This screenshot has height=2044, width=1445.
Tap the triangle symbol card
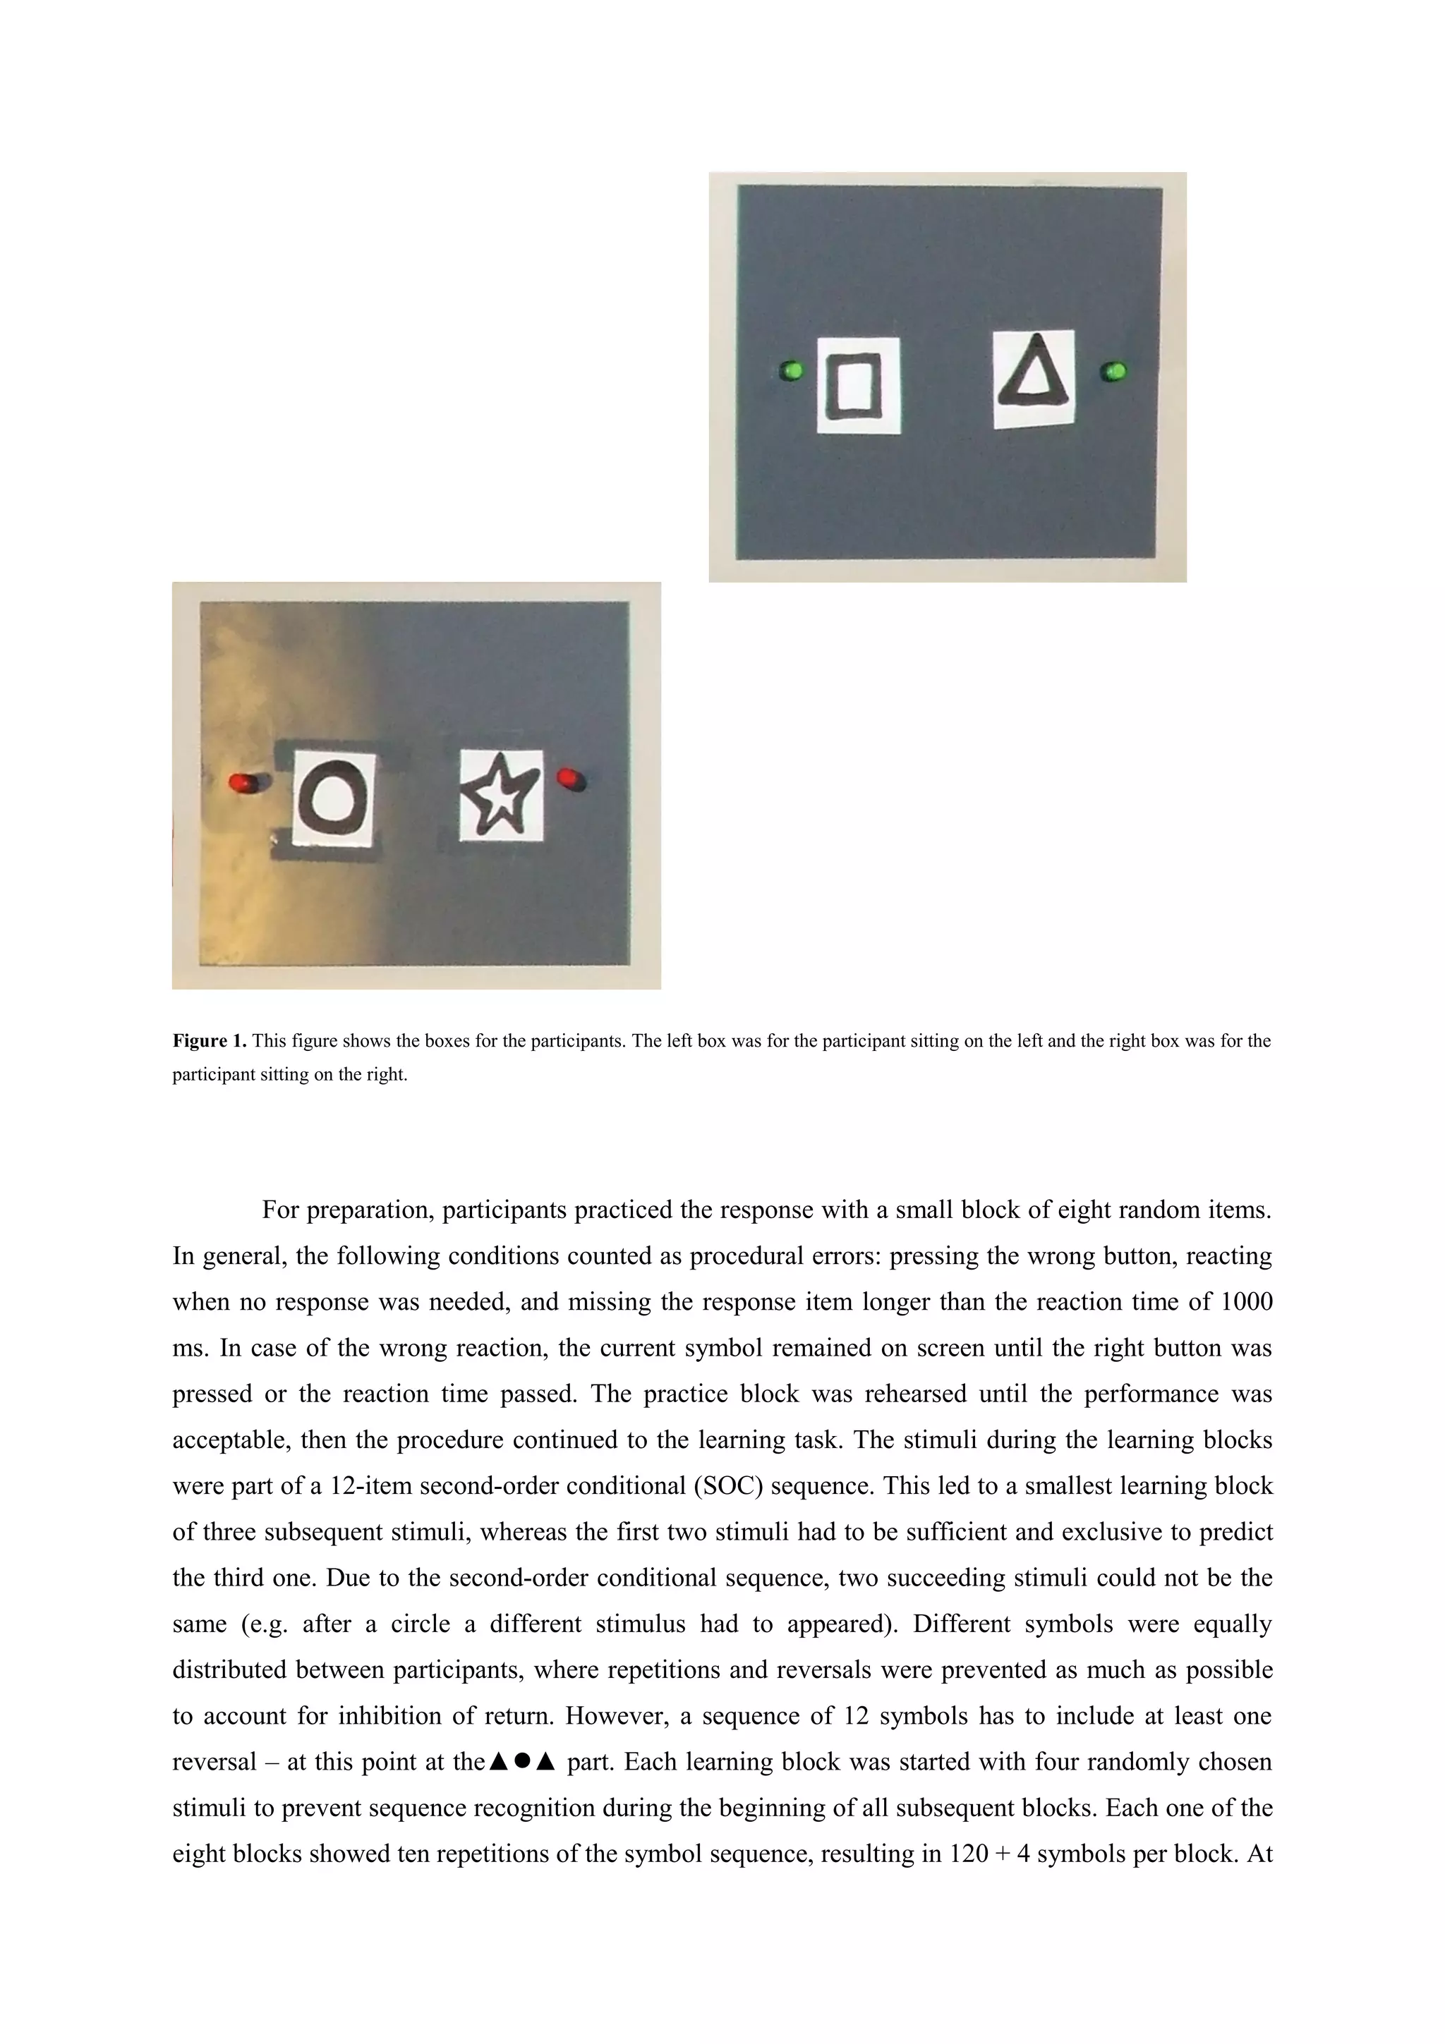[x=1034, y=378]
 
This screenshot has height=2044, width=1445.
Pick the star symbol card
[x=501, y=794]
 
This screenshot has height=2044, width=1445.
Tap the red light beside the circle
[x=241, y=782]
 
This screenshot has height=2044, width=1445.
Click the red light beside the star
[x=568, y=778]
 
